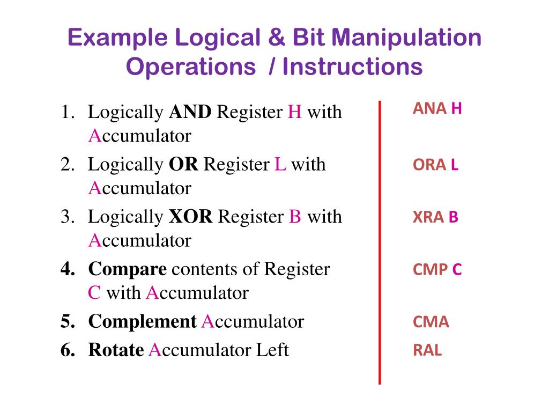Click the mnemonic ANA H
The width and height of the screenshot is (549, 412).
437,109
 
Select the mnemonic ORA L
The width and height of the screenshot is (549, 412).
435,165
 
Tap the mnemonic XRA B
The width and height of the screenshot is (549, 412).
435,218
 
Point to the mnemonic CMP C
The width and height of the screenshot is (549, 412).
437,270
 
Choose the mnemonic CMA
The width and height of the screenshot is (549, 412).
431,322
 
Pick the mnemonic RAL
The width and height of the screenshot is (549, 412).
427,351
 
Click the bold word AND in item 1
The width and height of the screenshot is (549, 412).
190,112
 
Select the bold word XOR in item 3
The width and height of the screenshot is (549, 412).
191,217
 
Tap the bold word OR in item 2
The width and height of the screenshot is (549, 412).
183,164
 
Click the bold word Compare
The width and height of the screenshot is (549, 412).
128,269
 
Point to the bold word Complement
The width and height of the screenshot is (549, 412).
142,322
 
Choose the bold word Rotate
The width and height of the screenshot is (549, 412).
116,350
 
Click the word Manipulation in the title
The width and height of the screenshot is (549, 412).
406,39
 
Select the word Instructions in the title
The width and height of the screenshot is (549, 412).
353,68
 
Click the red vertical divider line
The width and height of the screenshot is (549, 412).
380,241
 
